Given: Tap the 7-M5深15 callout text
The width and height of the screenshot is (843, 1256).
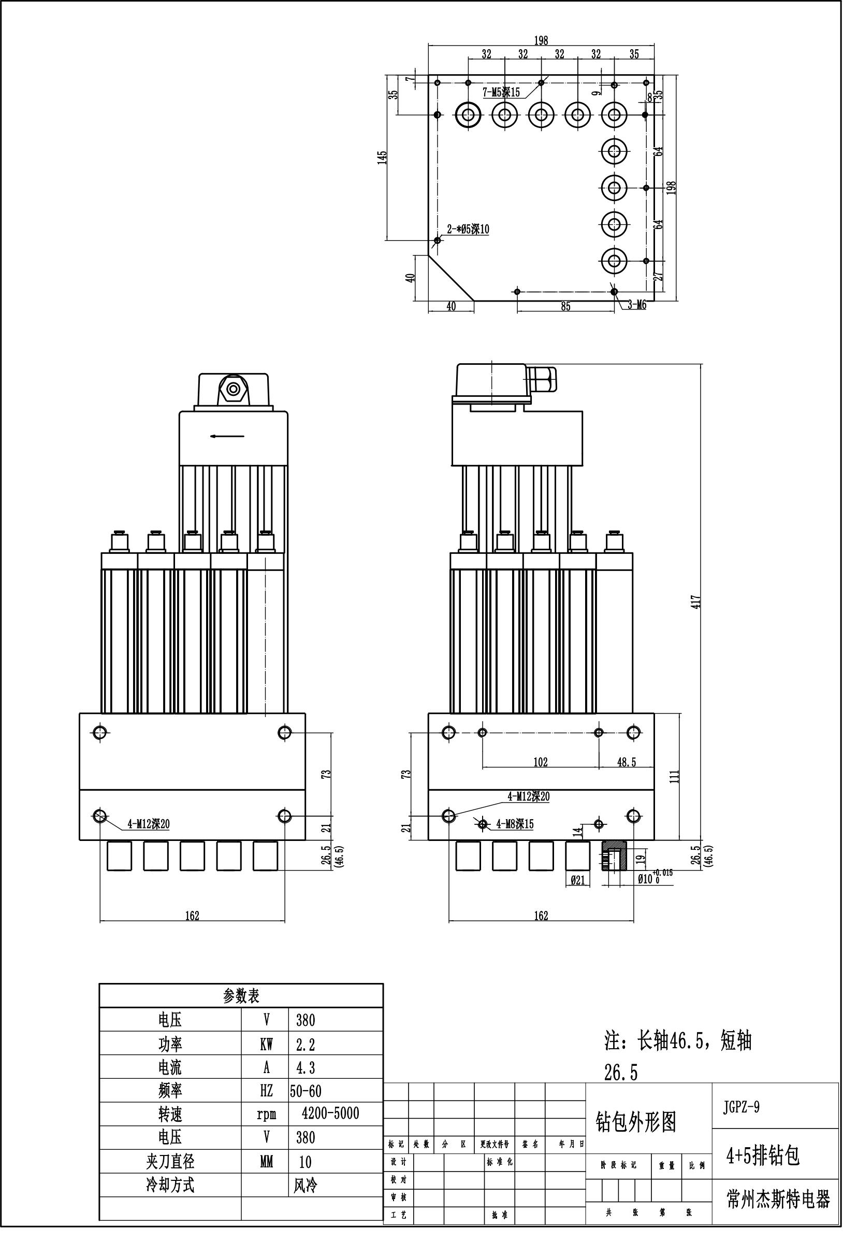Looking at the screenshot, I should [501, 93].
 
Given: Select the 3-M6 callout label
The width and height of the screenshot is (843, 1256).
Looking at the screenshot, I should [636, 305].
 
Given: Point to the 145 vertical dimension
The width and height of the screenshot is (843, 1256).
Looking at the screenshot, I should [382, 158].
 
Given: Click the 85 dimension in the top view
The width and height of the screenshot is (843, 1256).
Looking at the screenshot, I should [565, 307].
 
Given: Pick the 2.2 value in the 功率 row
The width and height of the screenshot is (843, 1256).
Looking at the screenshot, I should [306, 1045].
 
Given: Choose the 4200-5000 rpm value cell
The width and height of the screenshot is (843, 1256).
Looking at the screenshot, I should [330, 1113].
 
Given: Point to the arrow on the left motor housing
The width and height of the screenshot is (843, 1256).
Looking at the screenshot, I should [227, 436].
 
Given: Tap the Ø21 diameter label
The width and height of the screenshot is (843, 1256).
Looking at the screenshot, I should [577, 880].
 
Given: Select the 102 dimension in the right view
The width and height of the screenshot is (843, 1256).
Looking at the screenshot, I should [540, 762].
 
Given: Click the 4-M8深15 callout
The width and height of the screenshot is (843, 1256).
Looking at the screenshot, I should [515, 823].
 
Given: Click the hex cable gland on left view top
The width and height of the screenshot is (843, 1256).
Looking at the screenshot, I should [233, 390].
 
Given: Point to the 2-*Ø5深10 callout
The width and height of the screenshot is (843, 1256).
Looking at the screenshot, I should [468, 230].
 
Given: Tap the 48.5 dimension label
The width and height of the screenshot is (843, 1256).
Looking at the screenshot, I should [627, 762].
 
